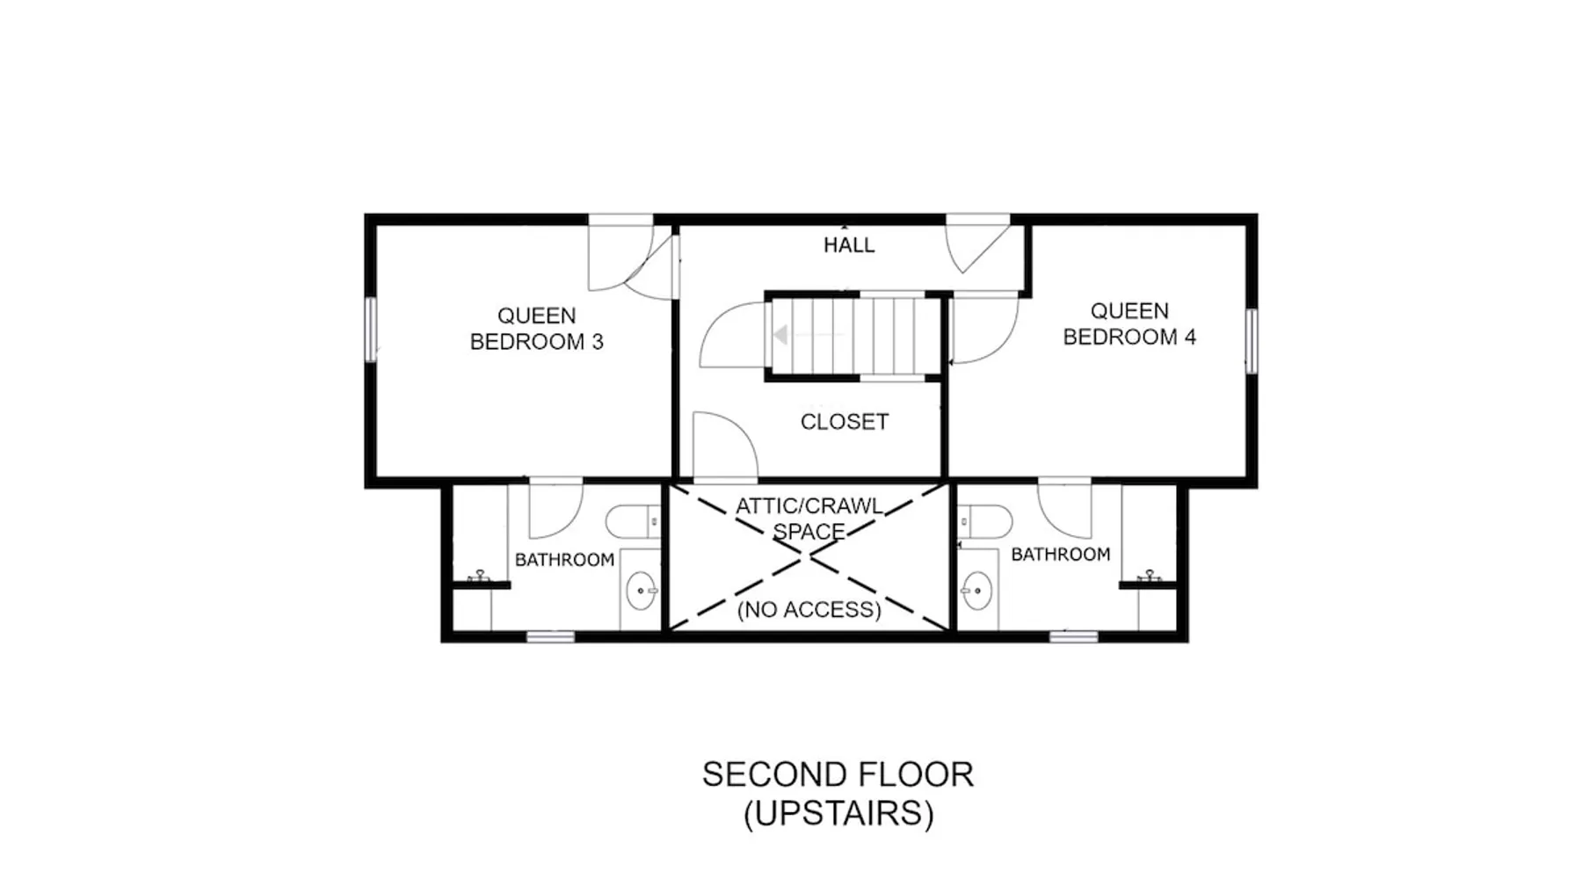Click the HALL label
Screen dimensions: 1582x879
849,245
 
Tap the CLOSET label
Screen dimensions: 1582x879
845,422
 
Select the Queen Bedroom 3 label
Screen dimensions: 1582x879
537,329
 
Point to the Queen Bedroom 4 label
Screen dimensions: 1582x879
1129,323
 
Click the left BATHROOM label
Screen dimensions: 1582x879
564,560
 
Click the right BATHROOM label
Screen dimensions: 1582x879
1061,555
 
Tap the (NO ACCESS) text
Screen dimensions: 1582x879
809,610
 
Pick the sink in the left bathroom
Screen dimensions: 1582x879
641,591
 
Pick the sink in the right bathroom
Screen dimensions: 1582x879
976,591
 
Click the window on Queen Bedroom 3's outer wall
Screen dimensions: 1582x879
371,329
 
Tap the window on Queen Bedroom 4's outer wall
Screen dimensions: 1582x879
1252,341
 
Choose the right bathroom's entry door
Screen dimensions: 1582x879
1064,508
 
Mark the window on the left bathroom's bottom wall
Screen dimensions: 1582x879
550,636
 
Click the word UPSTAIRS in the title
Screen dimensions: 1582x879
838,814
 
